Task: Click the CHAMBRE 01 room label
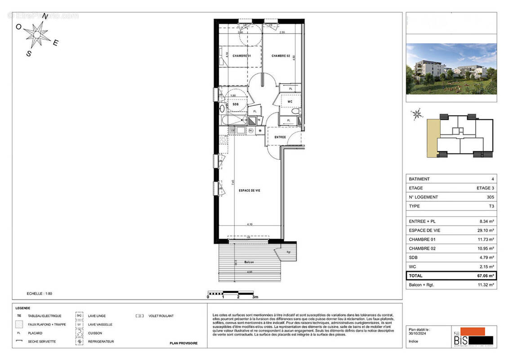coord(241,56)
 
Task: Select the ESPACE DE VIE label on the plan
coord(249,190)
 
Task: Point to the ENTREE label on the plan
coord(280,137)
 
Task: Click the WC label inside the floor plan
coord(290,102)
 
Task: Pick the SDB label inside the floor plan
coord(235,104)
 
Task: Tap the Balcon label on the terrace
coord(249,262)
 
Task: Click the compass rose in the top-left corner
coord(37,34)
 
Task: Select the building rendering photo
coord(451,69)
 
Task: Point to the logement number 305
coord(489,197)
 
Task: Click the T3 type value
coord(491,206)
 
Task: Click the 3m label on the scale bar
coord(255,297)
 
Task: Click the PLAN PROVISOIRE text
coord(183,343)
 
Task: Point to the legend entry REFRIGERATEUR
coord(101,342)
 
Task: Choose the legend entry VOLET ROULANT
coord(161,316)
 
